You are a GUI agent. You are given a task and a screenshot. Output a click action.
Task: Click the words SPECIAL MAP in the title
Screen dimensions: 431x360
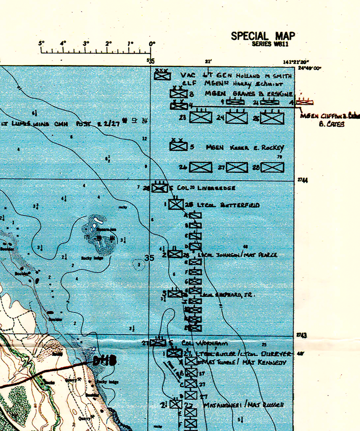tap(263, 36)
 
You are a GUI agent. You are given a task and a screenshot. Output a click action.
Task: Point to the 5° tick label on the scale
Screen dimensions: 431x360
tap(41, 44)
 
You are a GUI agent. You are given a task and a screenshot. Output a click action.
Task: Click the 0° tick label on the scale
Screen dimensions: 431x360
tap(152, 44)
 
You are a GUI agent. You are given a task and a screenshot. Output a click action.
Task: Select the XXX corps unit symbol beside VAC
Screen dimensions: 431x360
tap(162, 74)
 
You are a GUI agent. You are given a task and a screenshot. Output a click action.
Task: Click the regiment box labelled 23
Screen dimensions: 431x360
tap(201, 118)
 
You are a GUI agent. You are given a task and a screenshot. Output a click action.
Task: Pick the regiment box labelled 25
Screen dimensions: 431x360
tap(271, 118)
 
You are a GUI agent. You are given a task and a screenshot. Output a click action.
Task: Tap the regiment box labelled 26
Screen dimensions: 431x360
tap(201, 167)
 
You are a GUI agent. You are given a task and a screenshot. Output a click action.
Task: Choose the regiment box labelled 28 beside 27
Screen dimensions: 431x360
tap(271, 167)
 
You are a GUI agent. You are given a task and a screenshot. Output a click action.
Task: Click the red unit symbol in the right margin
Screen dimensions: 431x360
tap(305, 102)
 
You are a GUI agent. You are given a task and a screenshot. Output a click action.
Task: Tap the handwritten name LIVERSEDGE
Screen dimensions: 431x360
tap(217, 188)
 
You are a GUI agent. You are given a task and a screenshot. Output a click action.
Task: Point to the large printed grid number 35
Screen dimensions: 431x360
tap(149, 258)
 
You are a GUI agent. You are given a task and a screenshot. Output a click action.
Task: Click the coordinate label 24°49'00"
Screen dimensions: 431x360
tap(310, 68)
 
